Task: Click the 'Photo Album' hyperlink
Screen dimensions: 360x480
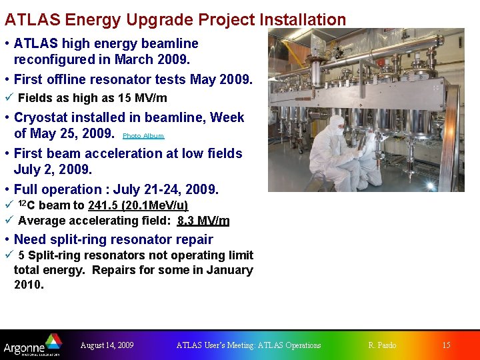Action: (x=143, y=136)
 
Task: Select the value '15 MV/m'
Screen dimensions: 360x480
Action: (x=142, y=98)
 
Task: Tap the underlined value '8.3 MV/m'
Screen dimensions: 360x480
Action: (x=203, y=221)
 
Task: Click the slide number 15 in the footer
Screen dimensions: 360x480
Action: (x=446, y=345)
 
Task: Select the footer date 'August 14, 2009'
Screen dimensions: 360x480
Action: (x=107, y=345)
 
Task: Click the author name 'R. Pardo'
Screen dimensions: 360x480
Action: (x=382, y=345)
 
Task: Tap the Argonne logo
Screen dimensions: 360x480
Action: (x=32, y=345)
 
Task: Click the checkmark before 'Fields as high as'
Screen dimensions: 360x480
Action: (x=8, y=98)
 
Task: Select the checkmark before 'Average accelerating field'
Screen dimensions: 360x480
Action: (x=8, y=221)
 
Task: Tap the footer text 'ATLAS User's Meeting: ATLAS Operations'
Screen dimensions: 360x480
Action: (x=248, y=345)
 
